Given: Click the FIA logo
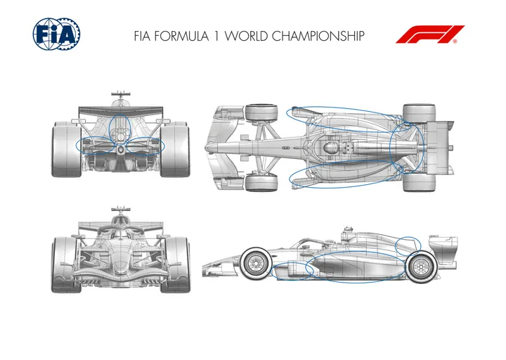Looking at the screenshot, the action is (56, 34).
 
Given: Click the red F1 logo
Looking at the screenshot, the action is (430, 34).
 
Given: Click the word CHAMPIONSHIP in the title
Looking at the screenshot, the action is (318, 36).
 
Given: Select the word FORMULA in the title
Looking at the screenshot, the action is (181, 36).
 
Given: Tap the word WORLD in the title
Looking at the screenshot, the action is (247, 36).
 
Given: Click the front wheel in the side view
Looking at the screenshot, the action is (256, 264).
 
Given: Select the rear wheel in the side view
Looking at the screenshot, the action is (421, 266).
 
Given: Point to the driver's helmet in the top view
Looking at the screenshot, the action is (330, 148).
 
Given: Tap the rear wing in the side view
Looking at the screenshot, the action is (443, 250).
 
